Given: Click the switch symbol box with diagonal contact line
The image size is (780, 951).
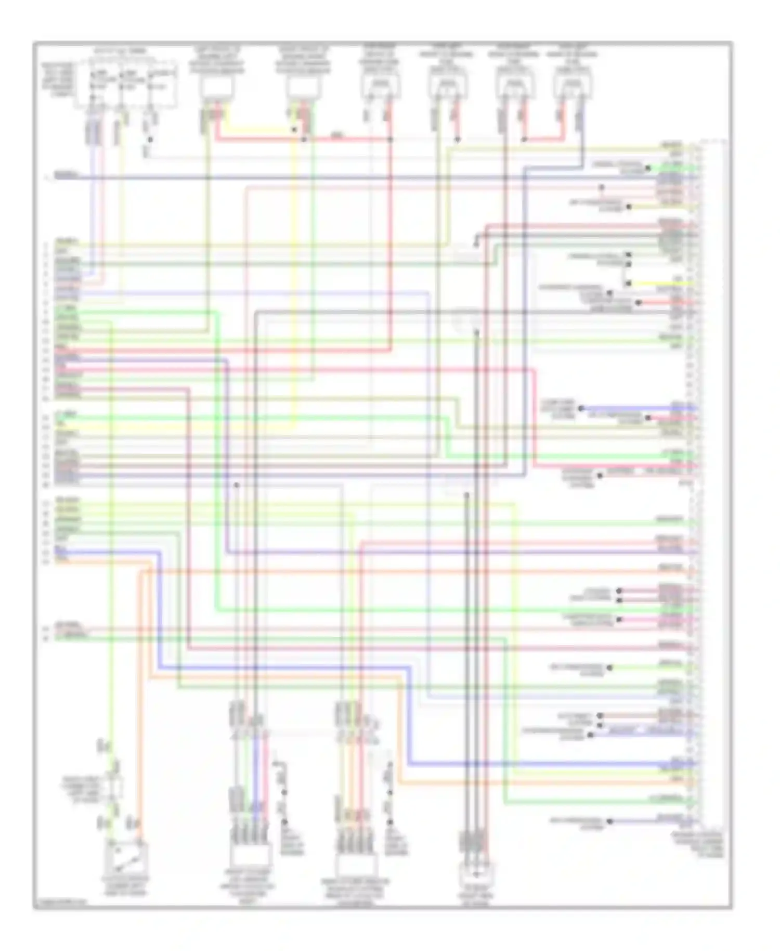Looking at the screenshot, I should pos(127,858).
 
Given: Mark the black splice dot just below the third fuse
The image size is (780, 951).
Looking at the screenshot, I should pos(150,139).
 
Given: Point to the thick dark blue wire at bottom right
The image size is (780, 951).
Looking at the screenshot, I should pos(551,764).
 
